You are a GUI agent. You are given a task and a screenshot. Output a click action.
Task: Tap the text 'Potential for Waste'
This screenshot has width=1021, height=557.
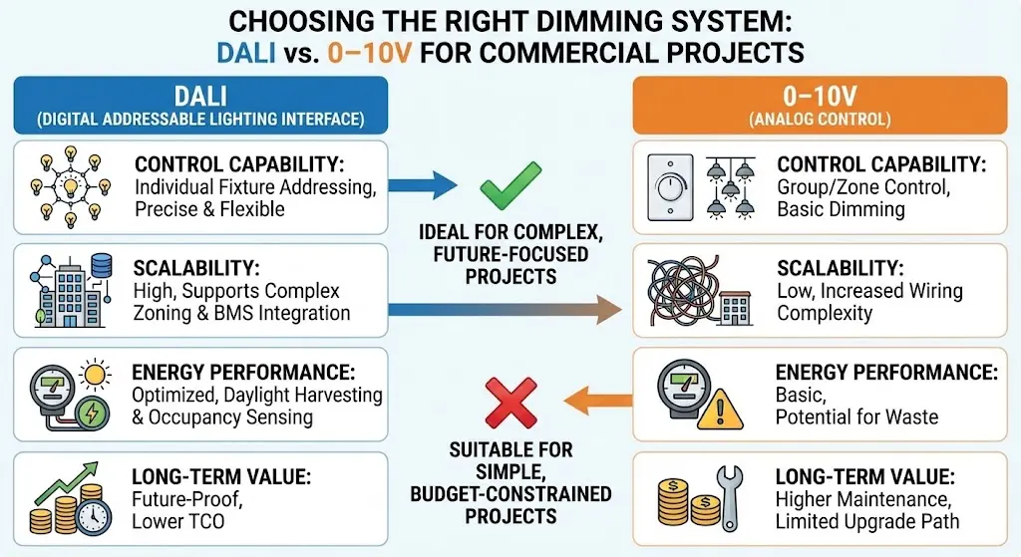tap(856, 416)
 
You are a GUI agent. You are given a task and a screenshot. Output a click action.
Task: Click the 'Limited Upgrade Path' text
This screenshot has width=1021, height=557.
tap(867, 521)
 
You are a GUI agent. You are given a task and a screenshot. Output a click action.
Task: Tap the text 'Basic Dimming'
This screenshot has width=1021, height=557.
tap(841, 209)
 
